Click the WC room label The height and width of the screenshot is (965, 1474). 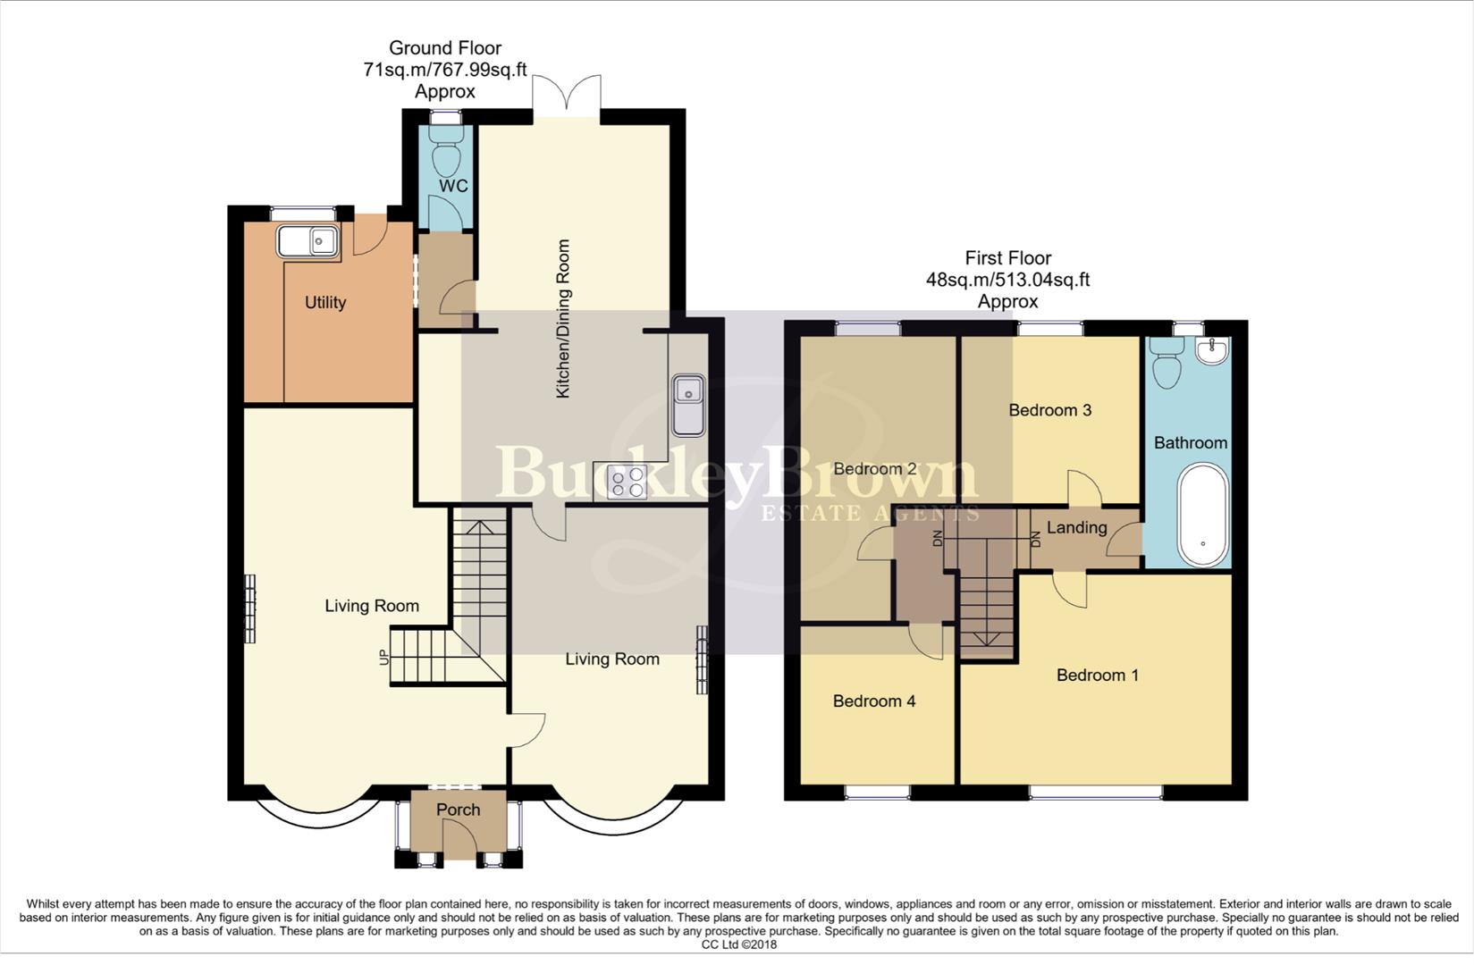point(453,187)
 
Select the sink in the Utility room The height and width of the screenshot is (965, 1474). point(307,241)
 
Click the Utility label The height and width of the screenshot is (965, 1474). point(325,303)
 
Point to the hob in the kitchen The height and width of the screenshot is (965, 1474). point(627,482)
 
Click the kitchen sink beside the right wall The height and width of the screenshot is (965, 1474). point(688,404)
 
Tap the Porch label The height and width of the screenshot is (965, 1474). point(458,810)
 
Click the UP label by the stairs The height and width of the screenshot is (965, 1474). point(385,658)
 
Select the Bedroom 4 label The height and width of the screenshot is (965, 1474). point(873,701)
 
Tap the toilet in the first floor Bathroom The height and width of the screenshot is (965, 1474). point(1167,363)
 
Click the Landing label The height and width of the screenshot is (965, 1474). point(1076,528)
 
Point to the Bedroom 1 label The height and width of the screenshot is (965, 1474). point(1097,675)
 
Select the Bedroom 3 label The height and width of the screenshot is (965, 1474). point(1049,411)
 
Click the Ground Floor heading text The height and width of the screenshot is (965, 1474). point(444,48)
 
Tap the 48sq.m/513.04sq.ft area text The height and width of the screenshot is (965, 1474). point(1007,280)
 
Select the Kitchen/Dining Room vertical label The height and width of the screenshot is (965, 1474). point(563,318)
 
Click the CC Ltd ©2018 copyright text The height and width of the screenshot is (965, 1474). point(738,944)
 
